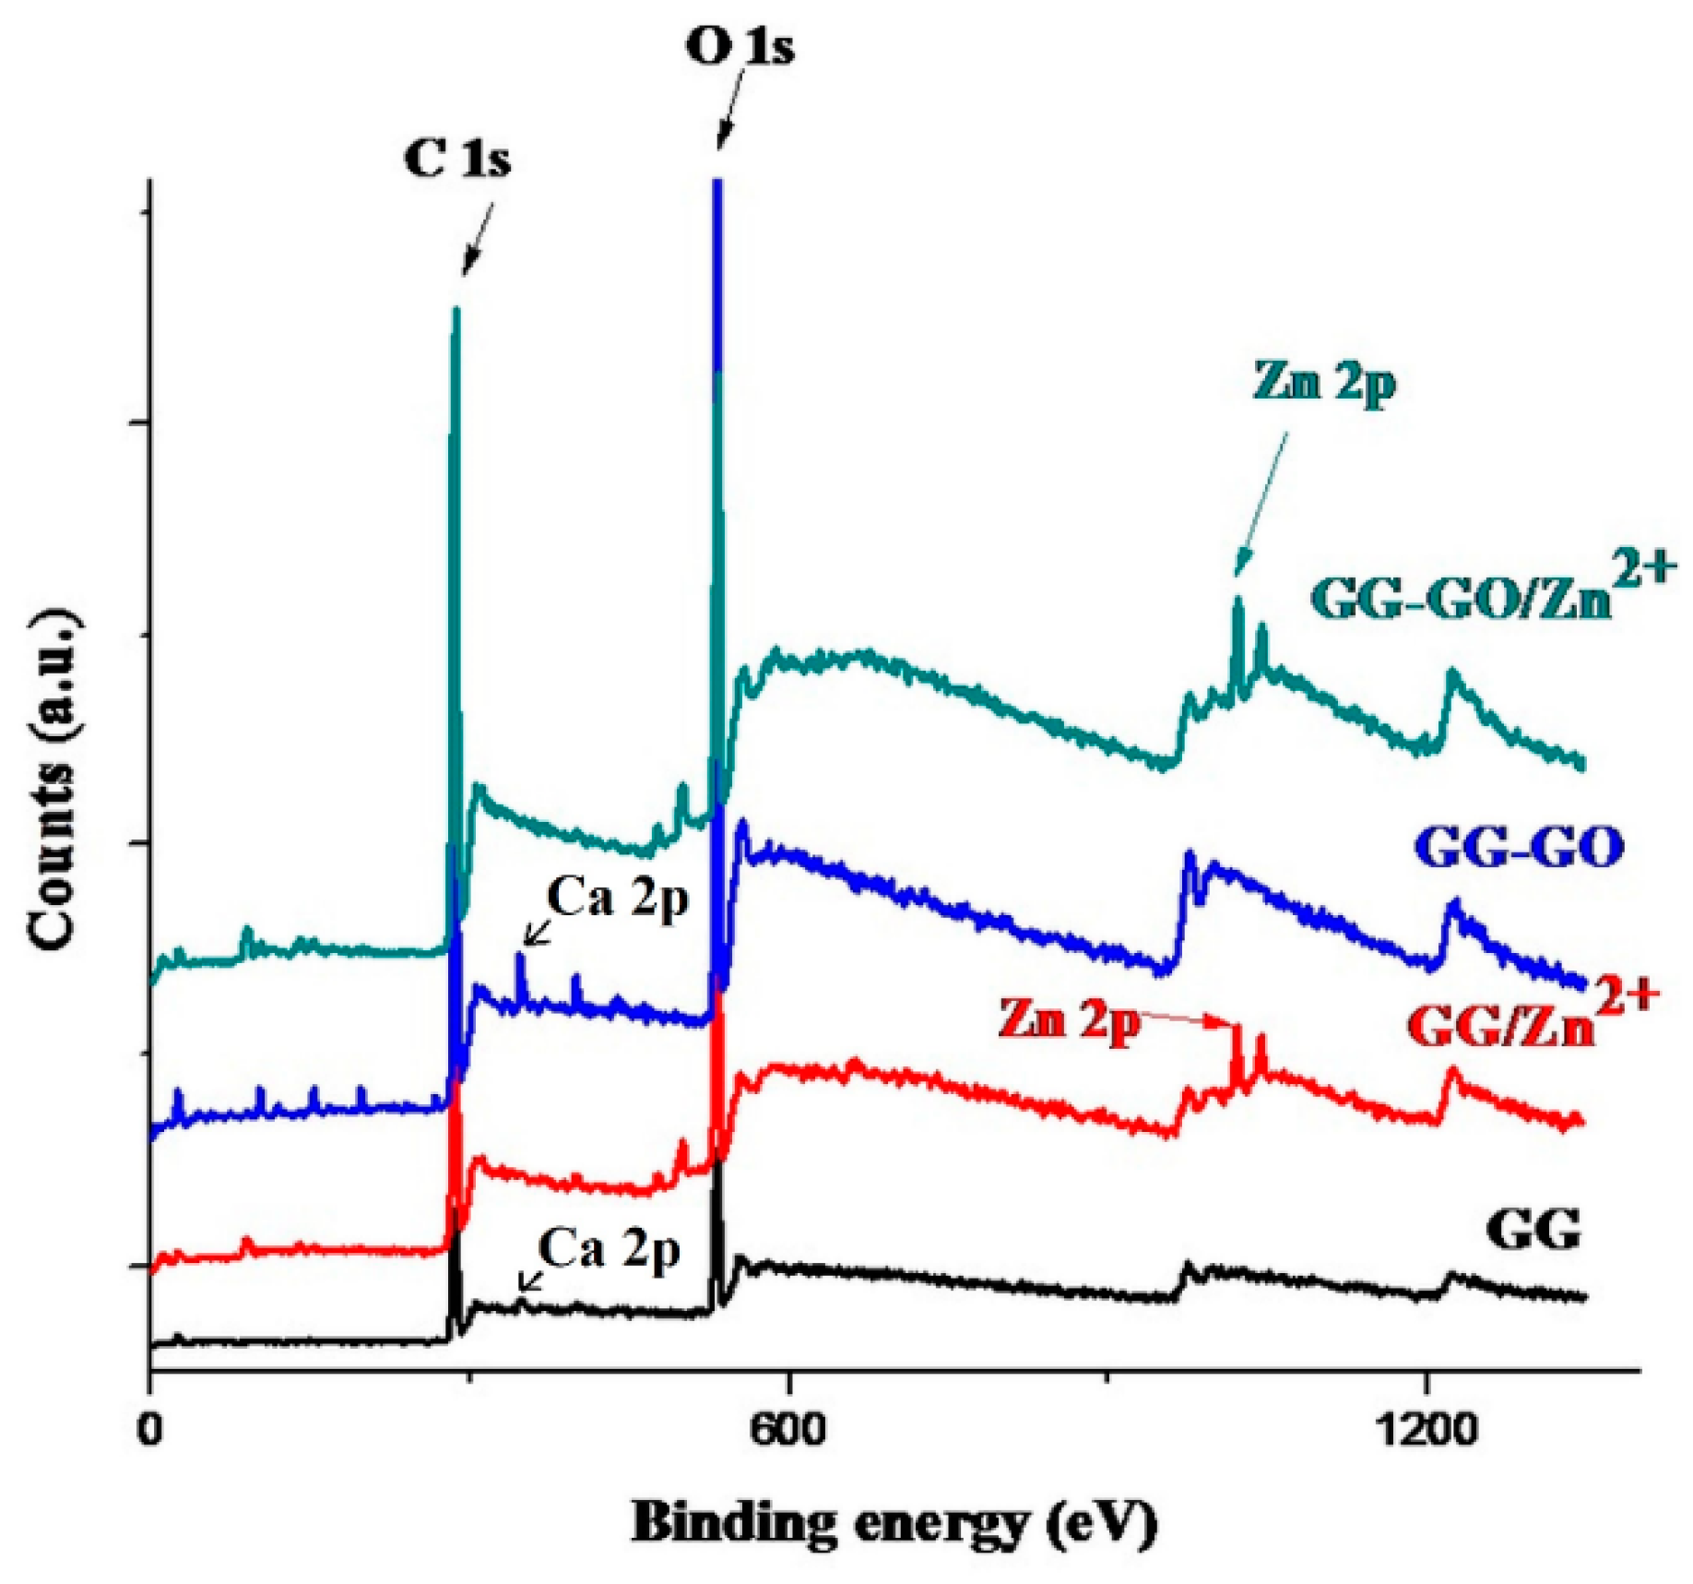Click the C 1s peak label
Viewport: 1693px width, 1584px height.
coord(456,159)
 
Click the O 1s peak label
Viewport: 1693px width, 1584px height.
coord(739,47)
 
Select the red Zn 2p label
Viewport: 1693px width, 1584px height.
coord(1068,1019)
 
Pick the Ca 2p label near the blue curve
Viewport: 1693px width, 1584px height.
coord(617,897)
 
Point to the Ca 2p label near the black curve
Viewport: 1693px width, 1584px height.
coord(609,1250)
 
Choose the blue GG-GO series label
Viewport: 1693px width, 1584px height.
coord(1519,847)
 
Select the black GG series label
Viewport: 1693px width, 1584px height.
coord(1533,1228)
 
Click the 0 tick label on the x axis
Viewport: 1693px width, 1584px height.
coord(150,1429)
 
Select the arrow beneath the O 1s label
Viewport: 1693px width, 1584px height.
coord(728,115)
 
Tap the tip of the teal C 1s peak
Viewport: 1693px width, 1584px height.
coord(455,312)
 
